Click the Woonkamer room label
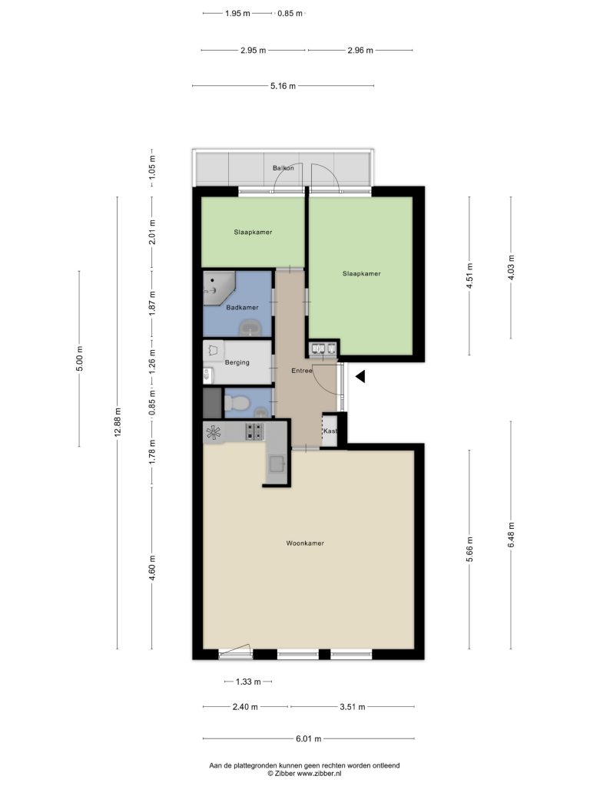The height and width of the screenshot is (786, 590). [x=305, y=543]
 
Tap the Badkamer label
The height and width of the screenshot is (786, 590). [x=242, y=307]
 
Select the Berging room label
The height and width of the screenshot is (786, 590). [x=237, y=362]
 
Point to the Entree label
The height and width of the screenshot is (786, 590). [x=302, y=371]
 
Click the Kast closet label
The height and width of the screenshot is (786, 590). [x=330, y=431]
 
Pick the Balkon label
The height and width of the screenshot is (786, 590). [x=283, y=168]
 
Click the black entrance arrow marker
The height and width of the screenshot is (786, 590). [x=360, y=376]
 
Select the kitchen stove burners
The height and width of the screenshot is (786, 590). [x=254, y=431]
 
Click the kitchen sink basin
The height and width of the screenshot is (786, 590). [x=277, y=464]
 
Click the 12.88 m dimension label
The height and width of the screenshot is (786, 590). [x=118, y=423]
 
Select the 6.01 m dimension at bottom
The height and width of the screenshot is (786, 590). [x=309, y=738]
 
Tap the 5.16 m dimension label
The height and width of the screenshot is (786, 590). [x=283, y=86]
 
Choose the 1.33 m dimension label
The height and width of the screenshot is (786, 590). [x=248, y=682]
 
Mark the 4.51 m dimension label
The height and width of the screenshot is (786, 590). [x=469, y=276]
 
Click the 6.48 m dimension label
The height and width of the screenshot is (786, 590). [x=511, y=535]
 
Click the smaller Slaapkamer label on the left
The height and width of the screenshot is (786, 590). [x=253, y=232]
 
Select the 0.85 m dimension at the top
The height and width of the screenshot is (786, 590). [x=290, y=14]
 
